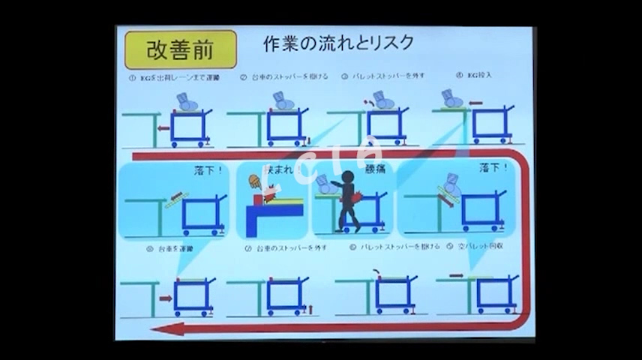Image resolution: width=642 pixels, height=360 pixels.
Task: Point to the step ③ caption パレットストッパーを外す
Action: [378, 76]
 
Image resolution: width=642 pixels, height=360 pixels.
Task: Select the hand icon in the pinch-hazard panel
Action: [254, 181]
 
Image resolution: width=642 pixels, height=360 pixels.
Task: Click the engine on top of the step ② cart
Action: [283, 101]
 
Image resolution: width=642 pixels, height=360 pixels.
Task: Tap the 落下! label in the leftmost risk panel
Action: [209, 171]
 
